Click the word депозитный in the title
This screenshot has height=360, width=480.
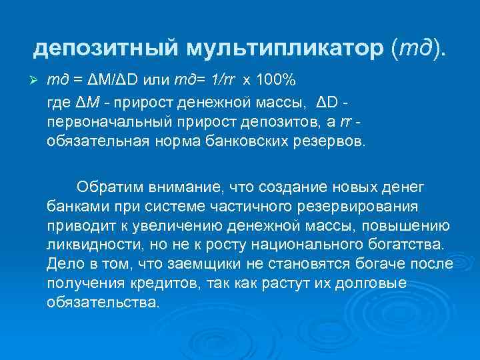point(106,47)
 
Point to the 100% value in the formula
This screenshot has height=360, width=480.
point(276,81)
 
